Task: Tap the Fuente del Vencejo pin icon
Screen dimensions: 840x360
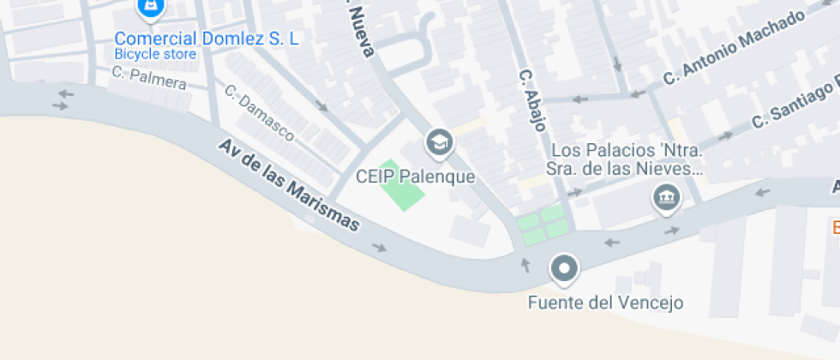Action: [564, 269]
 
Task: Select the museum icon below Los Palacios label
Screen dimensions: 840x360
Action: [666, 199]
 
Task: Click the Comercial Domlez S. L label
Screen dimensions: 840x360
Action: [207, 39]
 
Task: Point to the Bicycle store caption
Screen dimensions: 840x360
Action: [155, 55]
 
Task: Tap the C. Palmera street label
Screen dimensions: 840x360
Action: [148, 77]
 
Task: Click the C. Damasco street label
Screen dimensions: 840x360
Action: [260, 112]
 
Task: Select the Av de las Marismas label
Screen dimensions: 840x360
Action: [289, 185]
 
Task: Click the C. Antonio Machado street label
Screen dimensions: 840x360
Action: [735, 47]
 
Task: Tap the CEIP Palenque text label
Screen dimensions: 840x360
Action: [415, 177]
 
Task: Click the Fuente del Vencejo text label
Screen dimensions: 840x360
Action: [605, 303]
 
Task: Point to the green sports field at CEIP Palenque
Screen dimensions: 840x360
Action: [402, 184]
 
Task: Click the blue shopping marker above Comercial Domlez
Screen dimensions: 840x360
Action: [151, 7]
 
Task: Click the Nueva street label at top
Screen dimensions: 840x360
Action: [360, 29]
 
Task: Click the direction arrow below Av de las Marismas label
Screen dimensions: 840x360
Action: [379, 248]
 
